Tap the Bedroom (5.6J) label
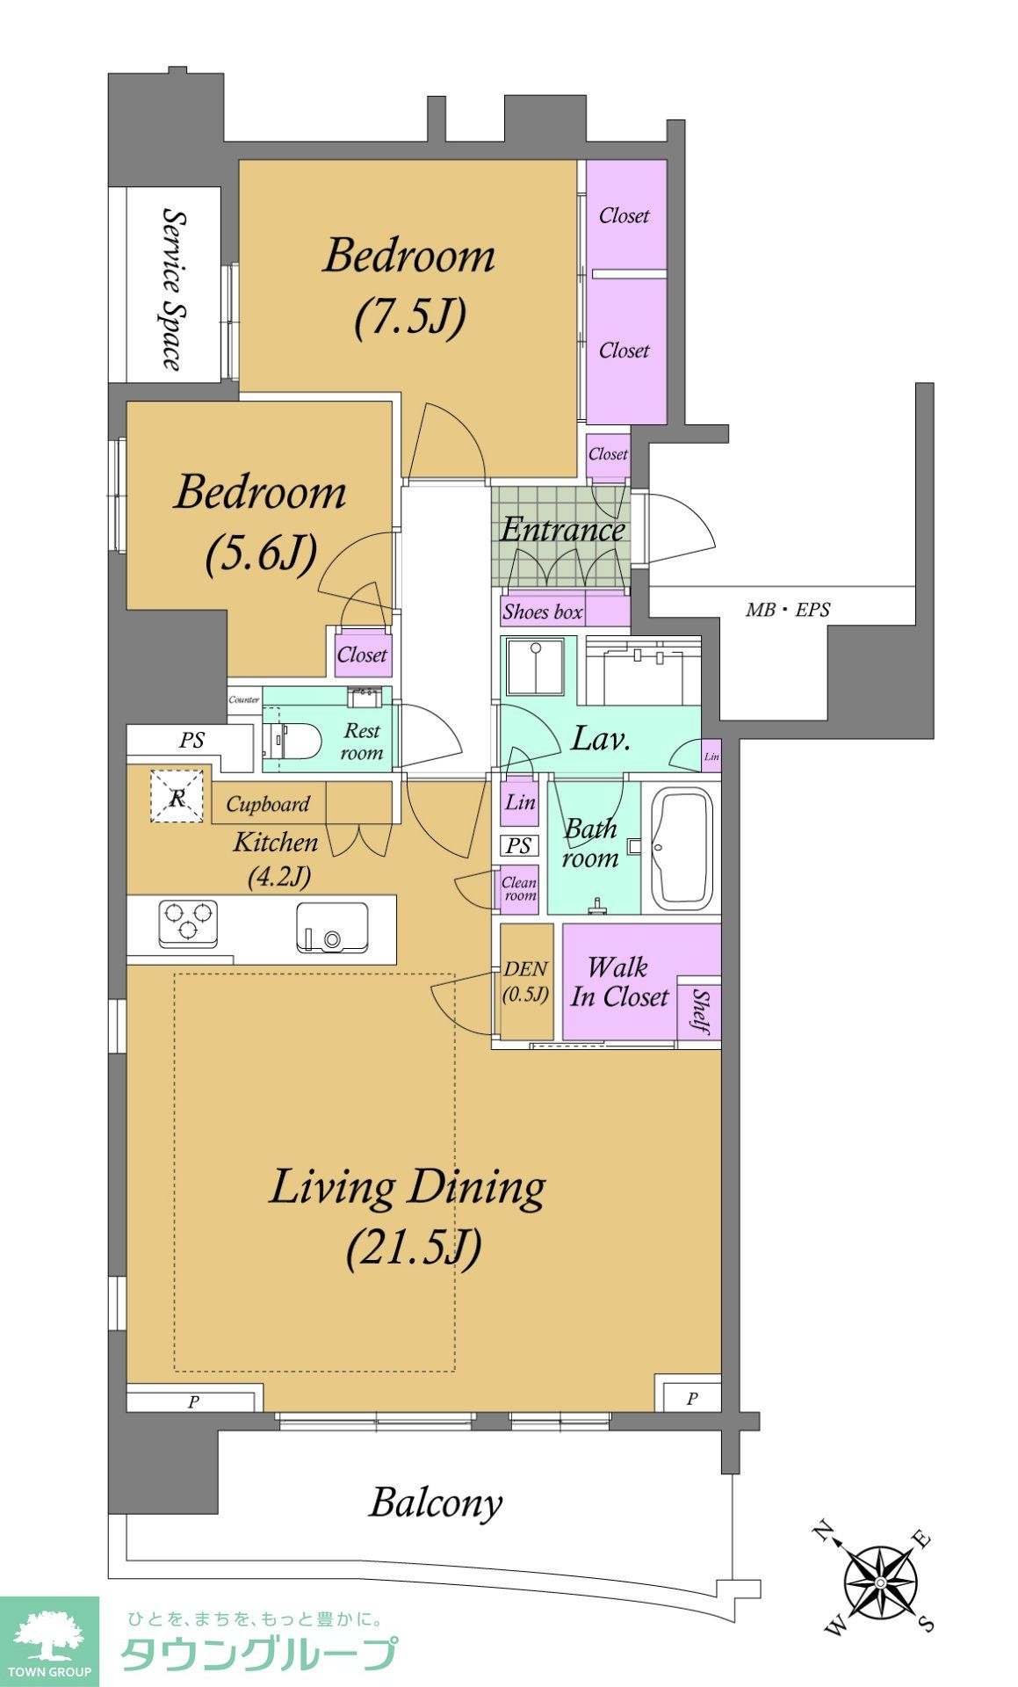[260, 522]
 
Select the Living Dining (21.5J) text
[408, 1217]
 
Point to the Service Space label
[173, 288]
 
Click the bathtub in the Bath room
[681, 851]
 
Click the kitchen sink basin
[332, 928]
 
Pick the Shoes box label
[543, 612]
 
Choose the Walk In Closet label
[619, 982]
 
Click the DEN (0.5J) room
[526, 981]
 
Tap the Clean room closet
[519, 889]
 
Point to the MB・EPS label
[788, 609]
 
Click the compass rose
[879, 1581]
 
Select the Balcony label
[436, 1502]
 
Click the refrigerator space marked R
[177, 797]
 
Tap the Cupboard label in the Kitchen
[268, 804]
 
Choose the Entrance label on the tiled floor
[562, 529]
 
